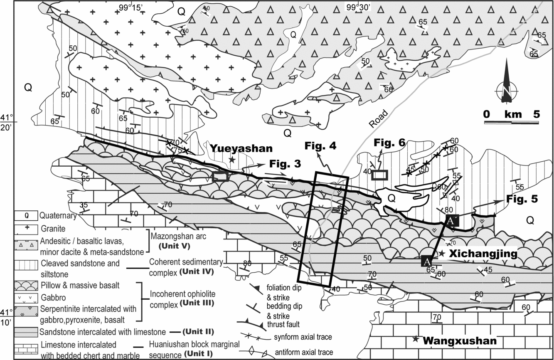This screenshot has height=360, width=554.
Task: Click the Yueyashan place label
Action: click(x=241, y=148)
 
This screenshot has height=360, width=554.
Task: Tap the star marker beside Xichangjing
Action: click(x=442, y=253)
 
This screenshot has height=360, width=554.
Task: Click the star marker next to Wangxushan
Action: click(x=415, y=340)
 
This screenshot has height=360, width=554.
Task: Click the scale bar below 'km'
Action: click(x=511, y=123)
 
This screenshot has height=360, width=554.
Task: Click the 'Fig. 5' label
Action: click(x=522, y=199)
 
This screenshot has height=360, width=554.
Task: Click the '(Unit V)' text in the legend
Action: click(x=171, y=246)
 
